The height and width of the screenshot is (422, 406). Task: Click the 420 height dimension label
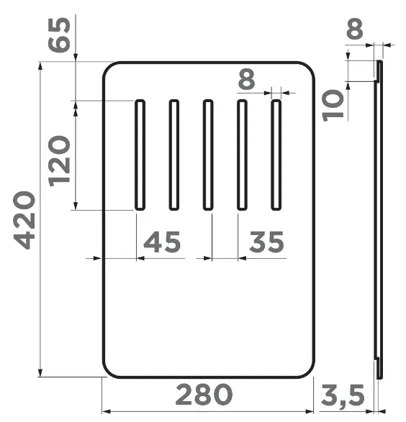(x=24, y=220)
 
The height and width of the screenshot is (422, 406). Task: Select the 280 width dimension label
(x=204, y=395)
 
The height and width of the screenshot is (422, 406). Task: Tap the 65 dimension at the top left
(x=59, y=35)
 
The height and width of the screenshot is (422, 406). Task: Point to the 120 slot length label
(x=59, y=161)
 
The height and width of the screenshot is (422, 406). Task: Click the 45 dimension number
(x=162, y=242)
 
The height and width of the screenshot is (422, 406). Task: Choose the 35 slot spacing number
(x=267, y=242)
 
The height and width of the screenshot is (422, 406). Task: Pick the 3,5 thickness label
(x=343, y=395)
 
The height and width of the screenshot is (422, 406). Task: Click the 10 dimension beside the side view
(x=333, y=106)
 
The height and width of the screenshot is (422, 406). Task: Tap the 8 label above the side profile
(x=355, y=29)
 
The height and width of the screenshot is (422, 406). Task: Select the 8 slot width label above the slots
(x=246, y=79)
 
